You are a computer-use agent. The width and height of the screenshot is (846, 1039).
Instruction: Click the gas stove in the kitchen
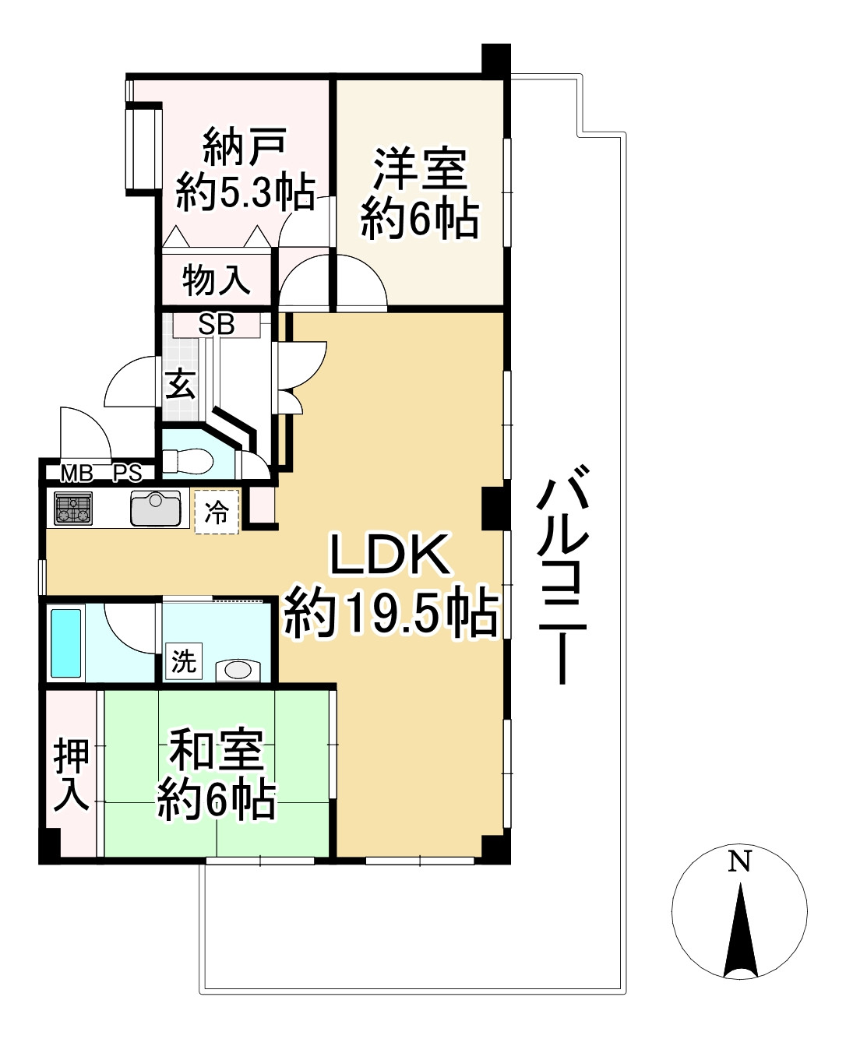(73, 509)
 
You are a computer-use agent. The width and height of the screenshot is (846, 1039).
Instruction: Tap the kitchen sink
(156, 509)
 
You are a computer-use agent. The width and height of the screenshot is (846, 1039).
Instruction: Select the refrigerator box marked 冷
(217, 512)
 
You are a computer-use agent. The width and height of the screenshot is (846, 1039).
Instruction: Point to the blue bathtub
(66, 643)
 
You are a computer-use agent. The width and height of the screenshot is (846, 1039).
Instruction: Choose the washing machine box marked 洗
(184, 662)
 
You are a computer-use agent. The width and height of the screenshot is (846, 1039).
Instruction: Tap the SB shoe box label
(216, 324)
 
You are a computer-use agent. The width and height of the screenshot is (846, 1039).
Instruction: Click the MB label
(77, 473)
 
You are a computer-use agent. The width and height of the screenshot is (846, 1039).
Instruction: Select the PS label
(128, 473)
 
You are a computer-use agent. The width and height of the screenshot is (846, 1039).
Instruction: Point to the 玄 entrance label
(182, 384)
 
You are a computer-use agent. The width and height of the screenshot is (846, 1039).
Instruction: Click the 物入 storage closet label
(216, 280)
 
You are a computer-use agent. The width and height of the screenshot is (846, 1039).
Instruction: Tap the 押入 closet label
(71, 775)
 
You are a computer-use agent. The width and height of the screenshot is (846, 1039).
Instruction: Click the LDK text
(390, 555)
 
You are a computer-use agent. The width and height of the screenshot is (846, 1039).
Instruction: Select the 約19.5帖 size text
(390, 613)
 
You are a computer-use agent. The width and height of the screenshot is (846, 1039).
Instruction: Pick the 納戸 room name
(245, 146)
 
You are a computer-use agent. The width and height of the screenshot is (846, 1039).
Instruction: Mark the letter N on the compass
(739, 861)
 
